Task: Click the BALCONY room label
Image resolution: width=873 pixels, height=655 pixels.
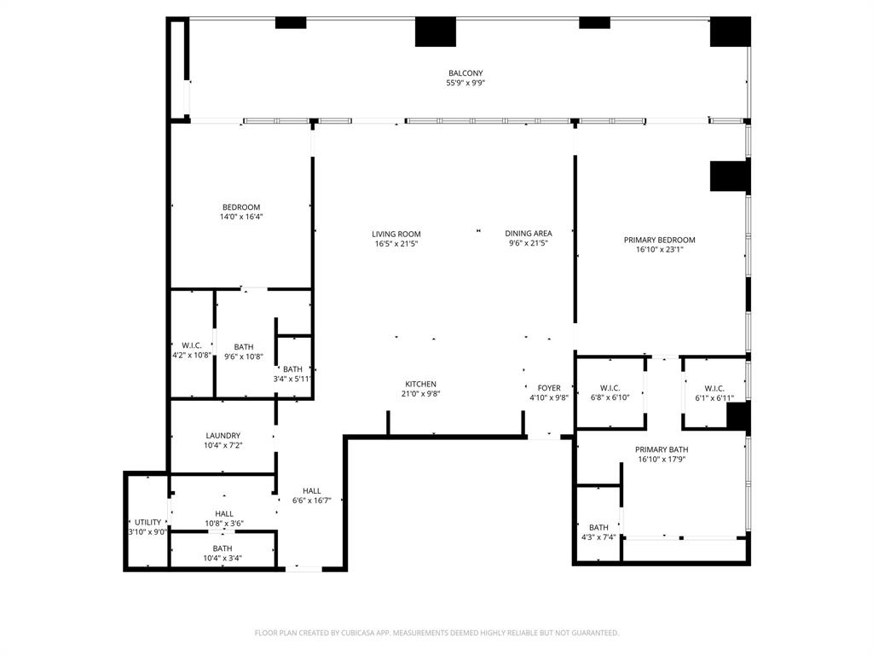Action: coord(465,73)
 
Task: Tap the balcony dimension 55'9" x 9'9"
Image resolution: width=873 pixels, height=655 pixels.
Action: coord(465,84)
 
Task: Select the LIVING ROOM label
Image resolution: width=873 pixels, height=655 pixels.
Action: coord(396,234)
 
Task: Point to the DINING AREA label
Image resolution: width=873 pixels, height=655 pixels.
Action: coord(528,234)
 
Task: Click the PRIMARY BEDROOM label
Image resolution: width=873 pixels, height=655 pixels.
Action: coord(659,240)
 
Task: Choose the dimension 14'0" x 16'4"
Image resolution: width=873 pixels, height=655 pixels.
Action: coord(241,217)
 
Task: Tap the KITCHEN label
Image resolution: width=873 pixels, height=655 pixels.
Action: coord(420,384)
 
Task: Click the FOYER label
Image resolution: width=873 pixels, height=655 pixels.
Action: coord(549,388)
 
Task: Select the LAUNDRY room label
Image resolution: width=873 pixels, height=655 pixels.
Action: coord(223,435)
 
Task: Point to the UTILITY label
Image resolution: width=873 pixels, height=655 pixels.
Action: coord(147,522)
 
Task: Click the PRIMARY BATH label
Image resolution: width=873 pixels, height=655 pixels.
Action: coord(662,449)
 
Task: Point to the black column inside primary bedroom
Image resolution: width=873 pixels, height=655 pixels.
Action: coord(729,176)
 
